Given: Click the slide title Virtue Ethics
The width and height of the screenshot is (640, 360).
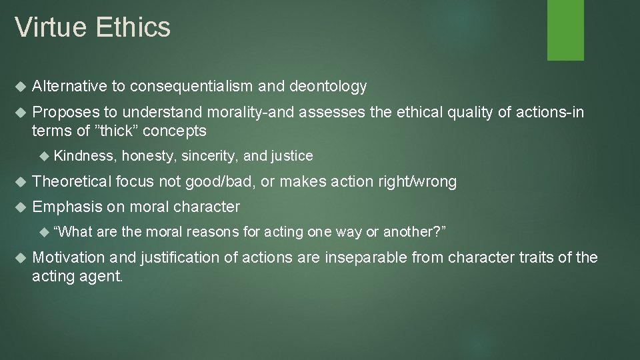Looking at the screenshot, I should click(93, 28).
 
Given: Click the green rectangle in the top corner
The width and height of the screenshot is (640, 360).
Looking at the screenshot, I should click(565, 29).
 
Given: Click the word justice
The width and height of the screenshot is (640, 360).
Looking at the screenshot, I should click(290, 156).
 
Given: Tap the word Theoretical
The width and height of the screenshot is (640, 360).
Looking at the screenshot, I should click(72, 181).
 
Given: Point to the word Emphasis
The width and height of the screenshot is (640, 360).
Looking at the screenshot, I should click(67, 207).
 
